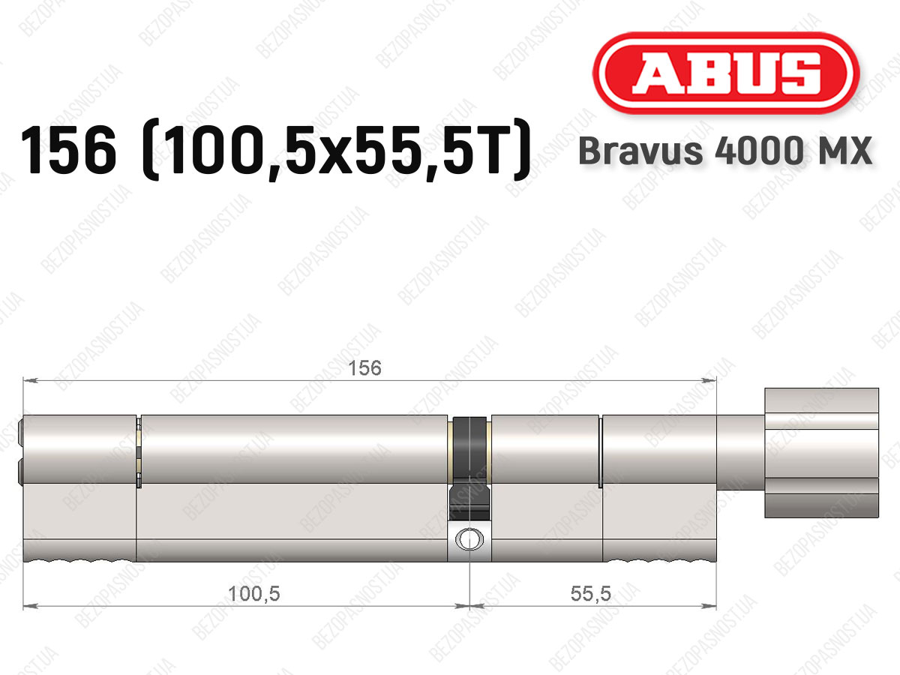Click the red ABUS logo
tap(726, 73)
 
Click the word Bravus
tap(640, 151)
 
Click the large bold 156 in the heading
tap(68, 150)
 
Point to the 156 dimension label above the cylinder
tap(364, 368)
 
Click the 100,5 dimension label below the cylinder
tap(253, 594)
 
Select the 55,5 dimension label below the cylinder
tap(590, 594)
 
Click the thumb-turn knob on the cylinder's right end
tap(822, 452)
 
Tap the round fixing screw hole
tap(469, 540)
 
